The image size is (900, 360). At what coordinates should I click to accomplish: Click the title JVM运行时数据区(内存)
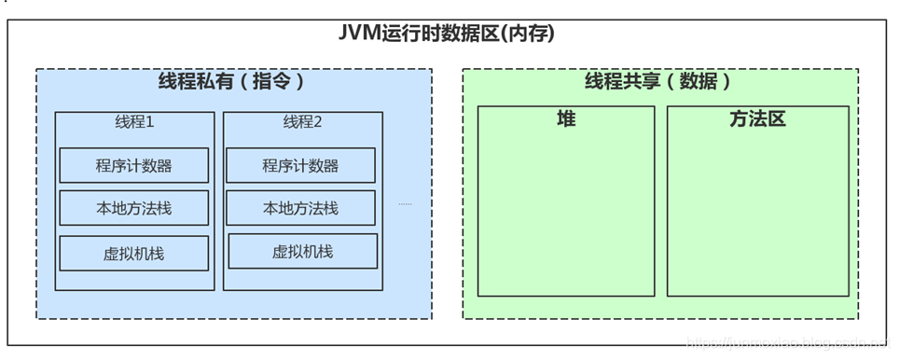(x=447, y=35)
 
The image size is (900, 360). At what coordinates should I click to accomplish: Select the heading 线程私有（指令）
(x=233, y=82)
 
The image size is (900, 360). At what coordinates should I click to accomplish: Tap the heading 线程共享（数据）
(x=658, y=82)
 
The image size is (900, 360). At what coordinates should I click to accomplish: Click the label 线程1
(x=134, y=122)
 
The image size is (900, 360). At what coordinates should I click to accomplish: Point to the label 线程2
(x=302, y=122)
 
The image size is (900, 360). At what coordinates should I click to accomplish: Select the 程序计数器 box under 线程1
(x=133, y=166)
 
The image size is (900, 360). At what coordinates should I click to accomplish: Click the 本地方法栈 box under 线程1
(x=133, y=209)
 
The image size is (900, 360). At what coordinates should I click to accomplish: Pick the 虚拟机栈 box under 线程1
(x=133, y=253)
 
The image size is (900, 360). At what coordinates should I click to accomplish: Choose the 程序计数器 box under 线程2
(x=300, y=166)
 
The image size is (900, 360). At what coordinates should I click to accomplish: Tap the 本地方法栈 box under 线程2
(x=300, y=209)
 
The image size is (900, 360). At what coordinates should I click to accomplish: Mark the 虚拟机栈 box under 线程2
(x=302, y=252)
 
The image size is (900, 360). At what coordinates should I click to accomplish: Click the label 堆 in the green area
(x=566, y=119)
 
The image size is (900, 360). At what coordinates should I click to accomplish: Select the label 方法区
(x=757, y=119)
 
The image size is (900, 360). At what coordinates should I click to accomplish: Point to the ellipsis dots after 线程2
(x=405, y=203)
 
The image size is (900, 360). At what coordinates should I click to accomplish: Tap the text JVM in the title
(x=356, y=35)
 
